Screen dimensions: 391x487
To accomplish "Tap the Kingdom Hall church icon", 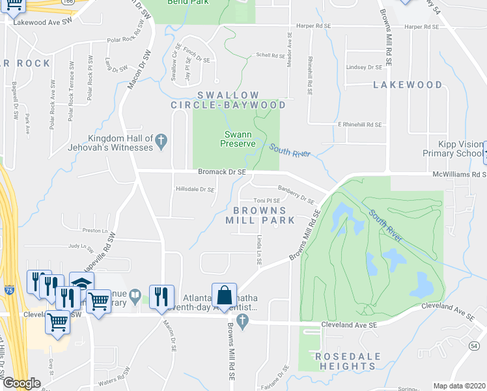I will click(161, 139).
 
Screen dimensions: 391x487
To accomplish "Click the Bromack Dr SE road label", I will click(222, 171).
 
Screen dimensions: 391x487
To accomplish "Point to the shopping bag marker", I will click(223, 295).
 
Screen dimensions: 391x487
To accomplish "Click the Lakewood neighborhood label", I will click(408, 85).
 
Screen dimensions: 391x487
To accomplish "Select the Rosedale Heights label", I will click(345, 361).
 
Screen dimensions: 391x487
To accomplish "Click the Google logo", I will click(21, 383).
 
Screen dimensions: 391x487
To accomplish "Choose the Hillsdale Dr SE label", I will click(195, 190).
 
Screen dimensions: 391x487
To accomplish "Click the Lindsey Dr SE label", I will click(364, 67).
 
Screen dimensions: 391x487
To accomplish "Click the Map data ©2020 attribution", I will click(460, 386).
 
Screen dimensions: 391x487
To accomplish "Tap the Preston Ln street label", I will click(94, 231).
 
